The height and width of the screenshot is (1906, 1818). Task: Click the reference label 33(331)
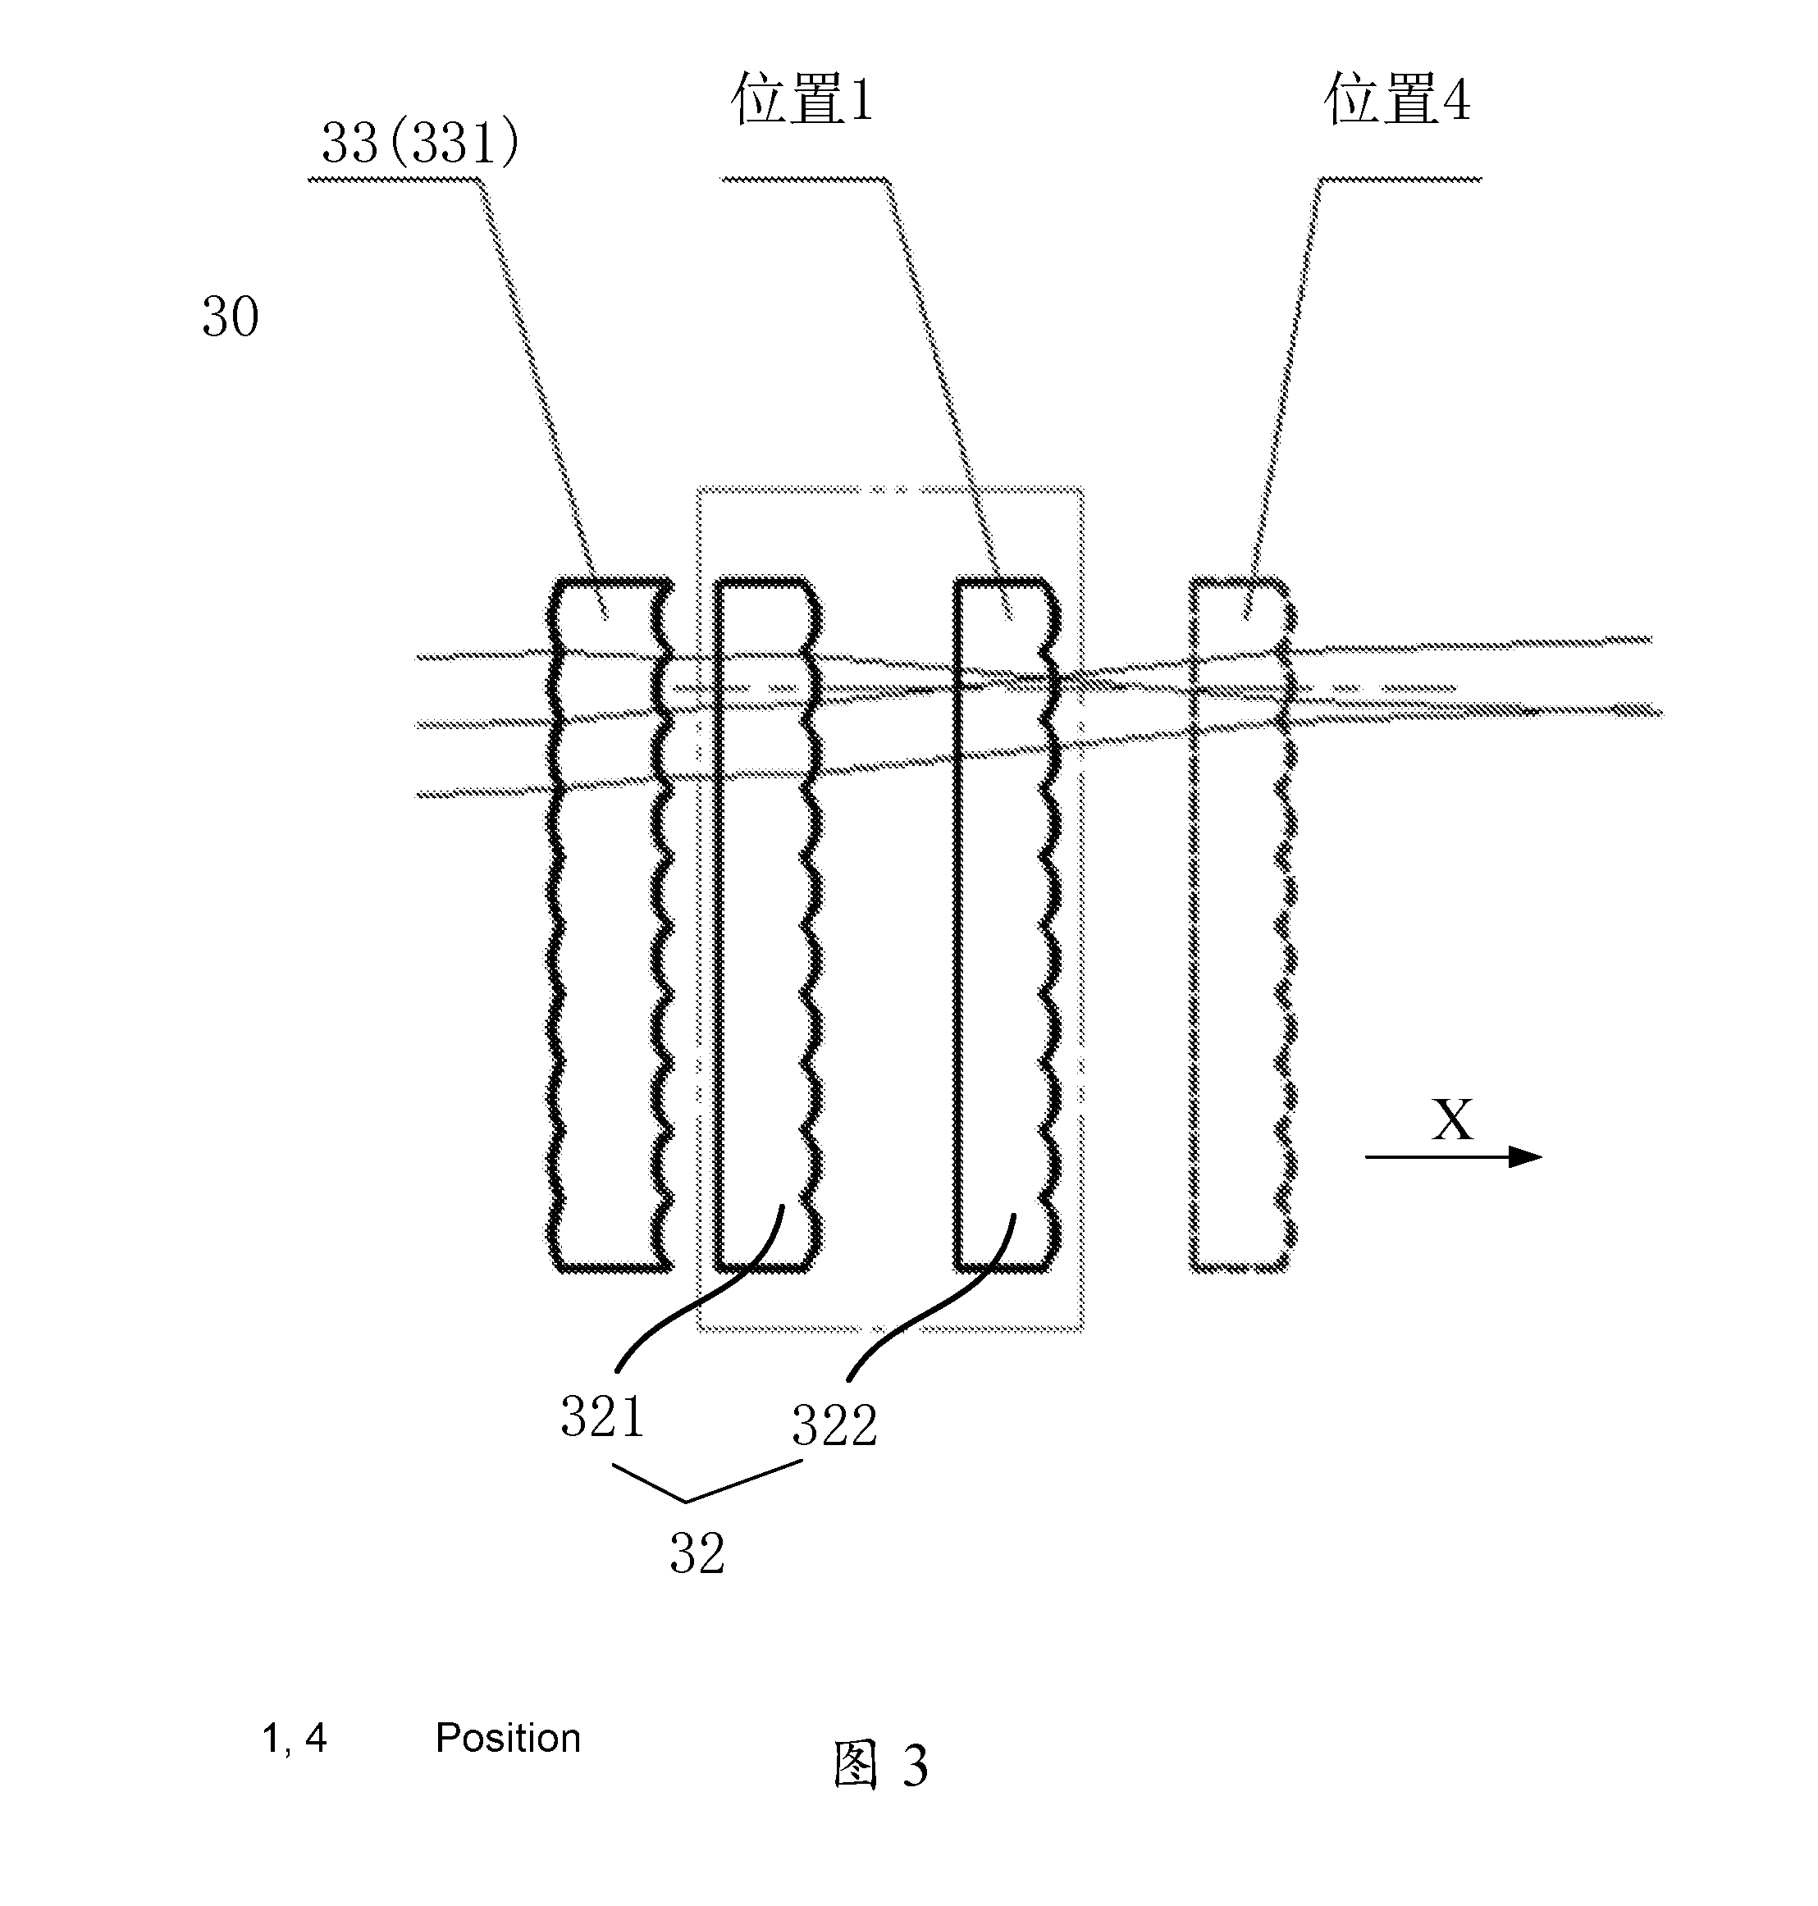point(419,144)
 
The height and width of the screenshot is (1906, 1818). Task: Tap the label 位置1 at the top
point(802,99)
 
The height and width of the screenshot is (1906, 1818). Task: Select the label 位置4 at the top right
point(1396,99)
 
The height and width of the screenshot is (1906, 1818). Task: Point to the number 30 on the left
point(231,317)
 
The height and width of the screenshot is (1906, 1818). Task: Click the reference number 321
point(603,1416)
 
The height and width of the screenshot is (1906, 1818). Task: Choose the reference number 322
point(834,1425)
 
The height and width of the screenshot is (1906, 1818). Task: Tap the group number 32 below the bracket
point(697,1554)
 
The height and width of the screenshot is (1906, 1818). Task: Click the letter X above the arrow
point(1451,1120)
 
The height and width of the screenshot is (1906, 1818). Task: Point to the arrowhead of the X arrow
point(1541,1156)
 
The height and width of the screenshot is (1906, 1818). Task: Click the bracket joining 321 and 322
point(686,1501)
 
